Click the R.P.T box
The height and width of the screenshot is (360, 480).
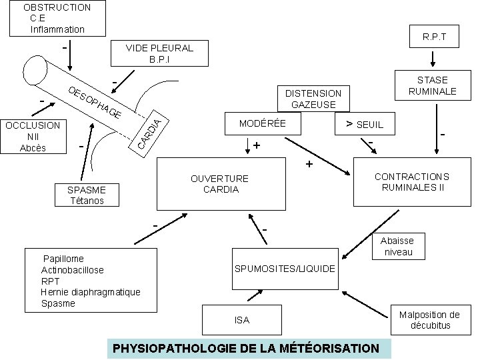click(433, 38)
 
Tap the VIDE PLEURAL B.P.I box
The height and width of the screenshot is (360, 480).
click(159, 53)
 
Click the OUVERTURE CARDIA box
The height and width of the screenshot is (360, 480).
click(219, 183)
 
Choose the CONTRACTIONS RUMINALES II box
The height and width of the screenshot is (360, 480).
click(411, 181)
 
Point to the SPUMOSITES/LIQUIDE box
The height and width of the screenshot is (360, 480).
click(284, 268)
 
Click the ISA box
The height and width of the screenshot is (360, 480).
click(242, 320)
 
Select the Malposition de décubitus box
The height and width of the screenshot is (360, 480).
click(429, 320)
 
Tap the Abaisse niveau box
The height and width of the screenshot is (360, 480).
click(397, 246)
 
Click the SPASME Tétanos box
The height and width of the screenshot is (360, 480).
click(86, 195)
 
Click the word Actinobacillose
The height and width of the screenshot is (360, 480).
click(73, 270)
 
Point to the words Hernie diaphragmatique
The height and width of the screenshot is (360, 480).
click(91, 292)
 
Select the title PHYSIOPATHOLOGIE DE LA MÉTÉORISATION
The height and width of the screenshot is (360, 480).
click(247, 348)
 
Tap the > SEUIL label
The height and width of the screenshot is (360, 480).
click(365, 125)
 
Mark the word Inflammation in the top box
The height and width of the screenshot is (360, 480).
click(57, 29)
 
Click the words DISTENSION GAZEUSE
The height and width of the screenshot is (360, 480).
click(313, 99)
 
